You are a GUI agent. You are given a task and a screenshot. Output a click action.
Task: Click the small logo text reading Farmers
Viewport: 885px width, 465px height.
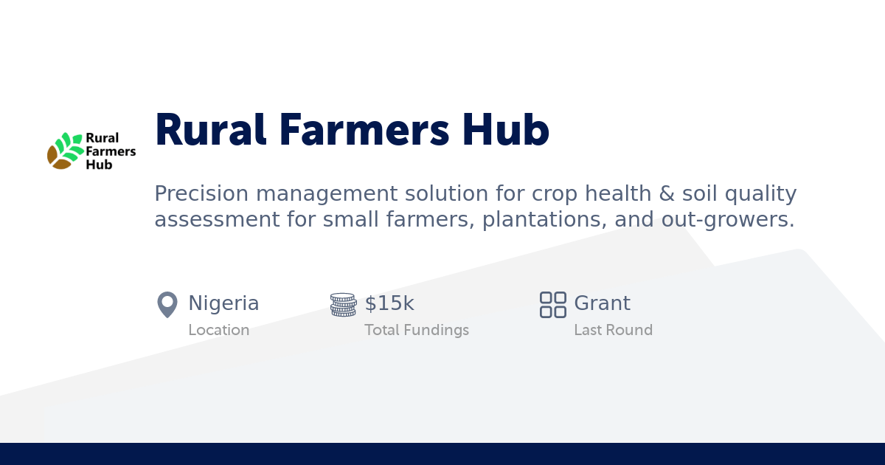coord(111,151)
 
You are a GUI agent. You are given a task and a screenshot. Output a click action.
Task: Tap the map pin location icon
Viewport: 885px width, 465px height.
coord(167,304)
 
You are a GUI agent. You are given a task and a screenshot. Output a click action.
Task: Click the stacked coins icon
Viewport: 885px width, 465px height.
coord(343,304)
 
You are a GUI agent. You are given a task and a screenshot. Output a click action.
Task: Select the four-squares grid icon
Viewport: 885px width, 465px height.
coord(552,304)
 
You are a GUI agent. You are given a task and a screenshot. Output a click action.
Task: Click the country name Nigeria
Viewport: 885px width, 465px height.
coord(223,303)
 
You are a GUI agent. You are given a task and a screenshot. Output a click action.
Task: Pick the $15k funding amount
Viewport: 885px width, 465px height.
coord(389,303)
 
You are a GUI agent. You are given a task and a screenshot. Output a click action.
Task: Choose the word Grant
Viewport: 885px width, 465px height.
coord(602,303)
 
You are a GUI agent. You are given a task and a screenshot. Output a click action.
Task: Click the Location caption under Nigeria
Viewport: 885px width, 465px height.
coord(218,330)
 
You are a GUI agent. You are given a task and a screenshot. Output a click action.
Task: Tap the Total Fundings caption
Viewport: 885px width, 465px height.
coord(417,330)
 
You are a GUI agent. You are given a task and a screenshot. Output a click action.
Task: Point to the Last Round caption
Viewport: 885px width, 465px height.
coord(613,330)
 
